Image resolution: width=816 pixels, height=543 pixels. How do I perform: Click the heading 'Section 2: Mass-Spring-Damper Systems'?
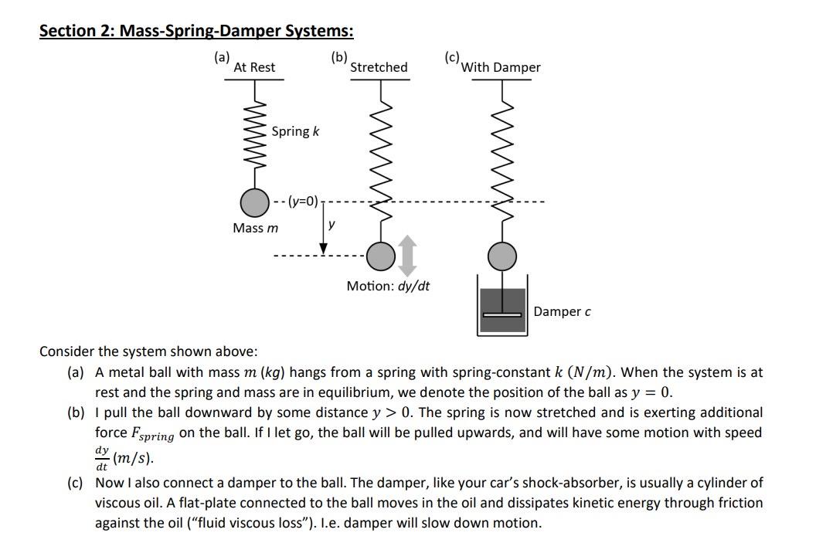[x=196, y=32]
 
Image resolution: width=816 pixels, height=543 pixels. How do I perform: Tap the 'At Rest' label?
[x=254, y=67]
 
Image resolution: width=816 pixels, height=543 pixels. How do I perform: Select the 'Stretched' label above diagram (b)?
[x=379, y=67]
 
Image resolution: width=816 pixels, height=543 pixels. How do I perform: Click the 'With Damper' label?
[x=501, y=67]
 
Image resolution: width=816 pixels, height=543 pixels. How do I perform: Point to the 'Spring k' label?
[x=295, y=131]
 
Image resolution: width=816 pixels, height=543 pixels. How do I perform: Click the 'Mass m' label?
[x=255, y=228]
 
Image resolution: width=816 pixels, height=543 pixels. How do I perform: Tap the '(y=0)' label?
[x=303, y=202]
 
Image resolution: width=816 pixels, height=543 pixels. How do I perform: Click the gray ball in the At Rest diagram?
[x=254, y=202]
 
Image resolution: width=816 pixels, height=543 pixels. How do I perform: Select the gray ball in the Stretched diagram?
[x=379, y=254]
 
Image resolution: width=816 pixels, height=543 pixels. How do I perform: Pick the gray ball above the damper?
[x=503, y=254]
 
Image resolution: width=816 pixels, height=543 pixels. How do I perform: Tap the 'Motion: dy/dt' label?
[x=388, y=287]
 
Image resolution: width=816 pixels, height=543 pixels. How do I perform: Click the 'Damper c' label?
[x=562, y=311]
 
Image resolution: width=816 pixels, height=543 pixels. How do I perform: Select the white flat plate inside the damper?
[x=503, y=314]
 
